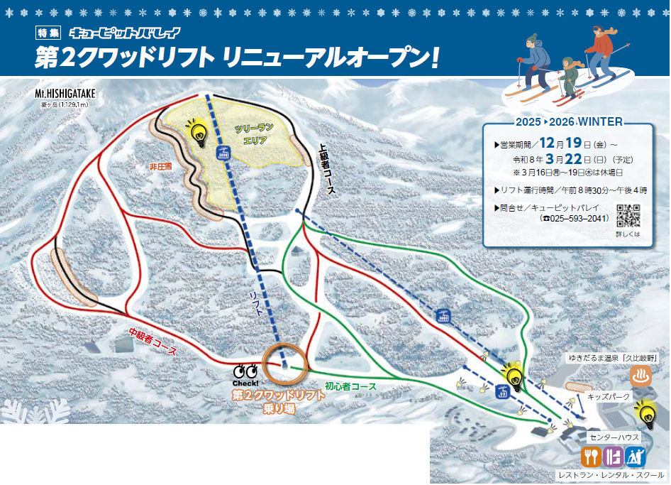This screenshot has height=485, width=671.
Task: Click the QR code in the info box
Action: pos(628,214)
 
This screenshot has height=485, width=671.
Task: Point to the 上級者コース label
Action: pos(327,170)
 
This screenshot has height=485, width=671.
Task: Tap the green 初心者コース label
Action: pos(350,387)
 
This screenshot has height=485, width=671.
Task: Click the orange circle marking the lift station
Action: pos(285,364)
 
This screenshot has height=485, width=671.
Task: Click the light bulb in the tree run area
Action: pos(196,132)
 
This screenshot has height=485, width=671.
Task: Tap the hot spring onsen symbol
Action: pos(642,375)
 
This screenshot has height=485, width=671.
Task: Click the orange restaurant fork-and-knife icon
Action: pos(592,455)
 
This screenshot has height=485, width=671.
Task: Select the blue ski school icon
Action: pos(636,455)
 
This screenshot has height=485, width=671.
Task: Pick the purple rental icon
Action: pos(614,455)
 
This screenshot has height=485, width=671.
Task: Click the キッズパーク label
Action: pos(610,397)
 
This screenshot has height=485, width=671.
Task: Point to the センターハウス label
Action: pos(614,437)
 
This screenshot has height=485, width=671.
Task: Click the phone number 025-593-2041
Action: pos(575,218)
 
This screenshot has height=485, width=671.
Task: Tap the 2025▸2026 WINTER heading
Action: pos(569,121)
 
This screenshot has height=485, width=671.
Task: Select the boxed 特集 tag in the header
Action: pos(49,33)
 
